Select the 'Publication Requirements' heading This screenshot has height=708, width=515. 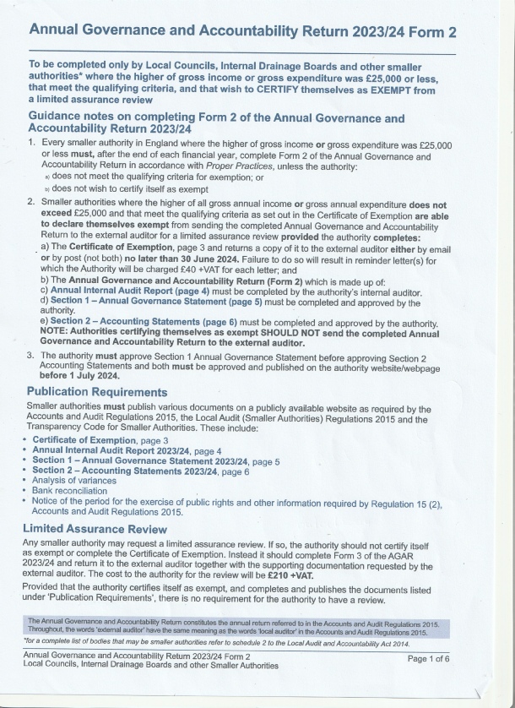(96, 392)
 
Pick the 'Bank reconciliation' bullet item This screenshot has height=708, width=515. (69, 490)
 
